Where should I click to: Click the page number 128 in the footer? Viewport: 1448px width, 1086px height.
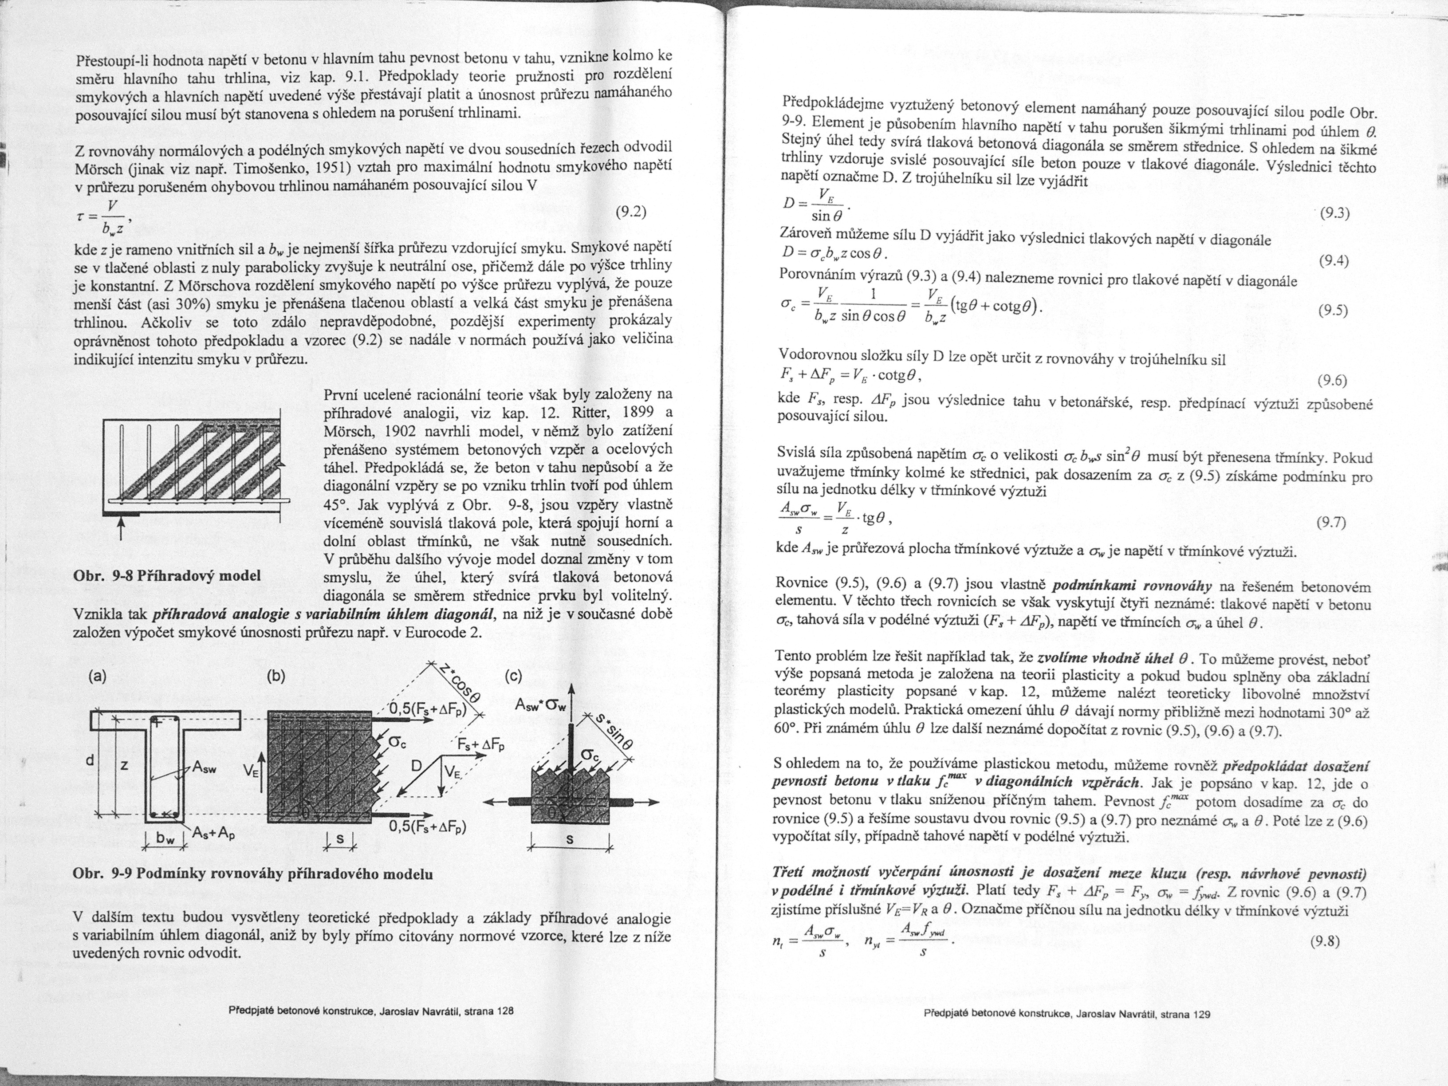[505, 1011]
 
